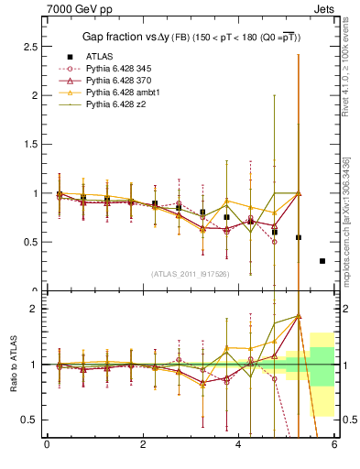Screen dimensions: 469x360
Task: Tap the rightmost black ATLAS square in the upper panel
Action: click(x=322, y=261)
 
